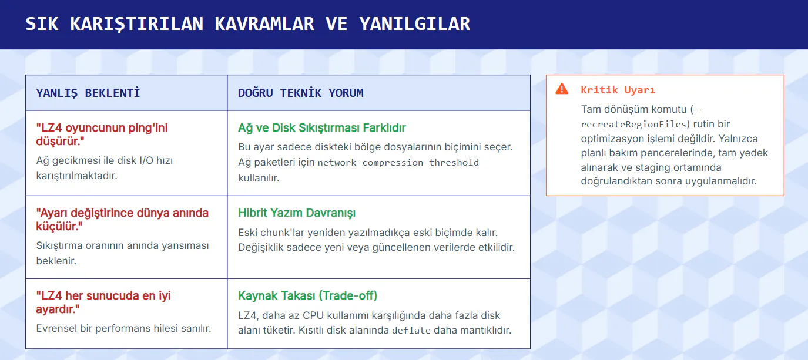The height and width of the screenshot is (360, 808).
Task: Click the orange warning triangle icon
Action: tap(562, 89)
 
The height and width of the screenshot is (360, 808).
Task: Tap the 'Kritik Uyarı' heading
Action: tap(618, 90)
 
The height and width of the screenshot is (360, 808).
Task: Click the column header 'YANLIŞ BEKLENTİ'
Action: tap(88, 93)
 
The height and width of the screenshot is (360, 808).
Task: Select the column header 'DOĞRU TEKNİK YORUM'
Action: tap(300, 93)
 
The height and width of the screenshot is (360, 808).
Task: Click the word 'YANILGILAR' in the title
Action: tap(414, 24)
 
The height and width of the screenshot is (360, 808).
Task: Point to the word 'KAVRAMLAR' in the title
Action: tap(264, 24)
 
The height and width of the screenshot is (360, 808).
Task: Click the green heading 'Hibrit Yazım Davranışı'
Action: tap(297, 213)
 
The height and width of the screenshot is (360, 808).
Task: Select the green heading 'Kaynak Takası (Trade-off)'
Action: tap(308, 295)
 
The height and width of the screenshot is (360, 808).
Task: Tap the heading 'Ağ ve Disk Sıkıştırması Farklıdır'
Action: tap(322, 127)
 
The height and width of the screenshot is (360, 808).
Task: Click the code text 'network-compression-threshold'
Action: tap(398, 163)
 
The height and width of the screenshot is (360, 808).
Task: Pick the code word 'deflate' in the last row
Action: tap(411, 330)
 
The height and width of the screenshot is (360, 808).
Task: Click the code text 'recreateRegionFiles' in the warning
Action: tap(633, 125)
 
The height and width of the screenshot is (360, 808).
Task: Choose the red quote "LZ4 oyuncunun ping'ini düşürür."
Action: tap(102, 134)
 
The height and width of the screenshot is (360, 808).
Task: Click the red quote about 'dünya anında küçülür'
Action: tap(122, 220)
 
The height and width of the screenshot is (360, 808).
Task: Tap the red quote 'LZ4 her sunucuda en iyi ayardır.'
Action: tap(103, 302)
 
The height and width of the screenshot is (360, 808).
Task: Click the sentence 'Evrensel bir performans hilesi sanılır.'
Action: tap(123, 328)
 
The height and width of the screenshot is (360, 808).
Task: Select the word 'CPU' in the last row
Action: tap(313, 315)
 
